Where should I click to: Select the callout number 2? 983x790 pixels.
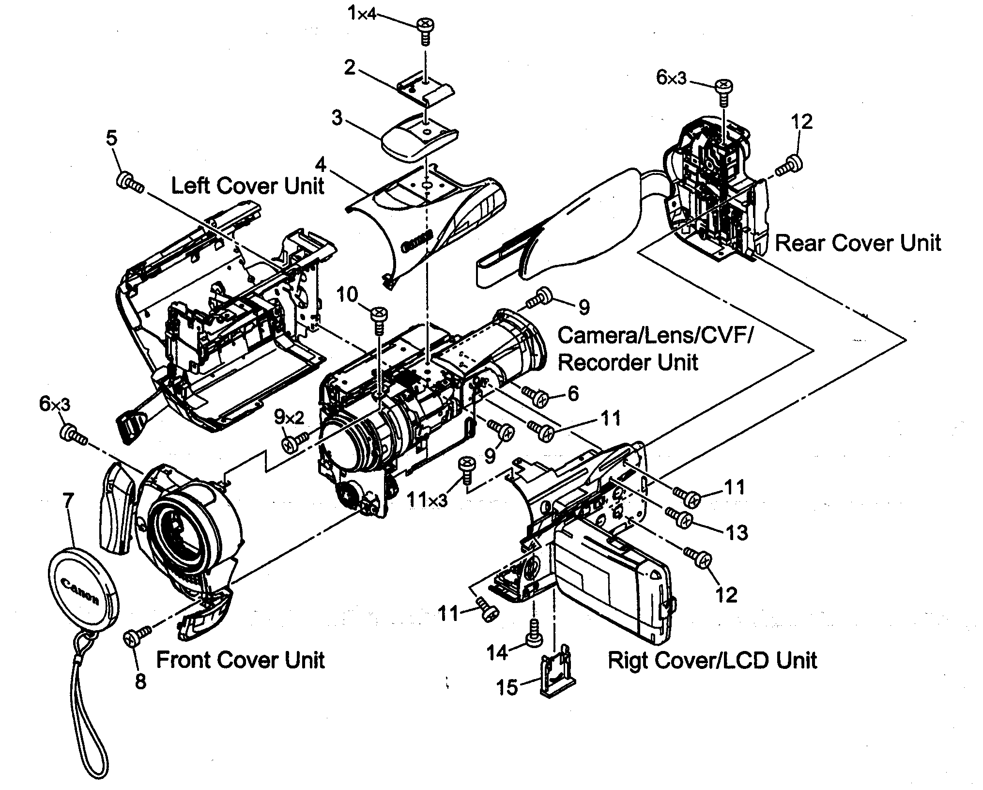(x=350, y=68)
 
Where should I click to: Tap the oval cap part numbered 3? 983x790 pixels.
(x=419, y=136)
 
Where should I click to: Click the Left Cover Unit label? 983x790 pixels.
(x=247, y=186)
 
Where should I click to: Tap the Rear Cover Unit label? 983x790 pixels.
(x=858, y=243)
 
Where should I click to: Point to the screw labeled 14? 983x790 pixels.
(x=534, y=631)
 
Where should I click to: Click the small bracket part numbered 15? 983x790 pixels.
(x=557, y=676)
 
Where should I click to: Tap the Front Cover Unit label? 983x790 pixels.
(x=240, y=660)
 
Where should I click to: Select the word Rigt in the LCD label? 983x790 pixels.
(x=626, y=661)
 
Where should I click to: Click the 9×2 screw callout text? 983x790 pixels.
(x=289, y=416)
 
